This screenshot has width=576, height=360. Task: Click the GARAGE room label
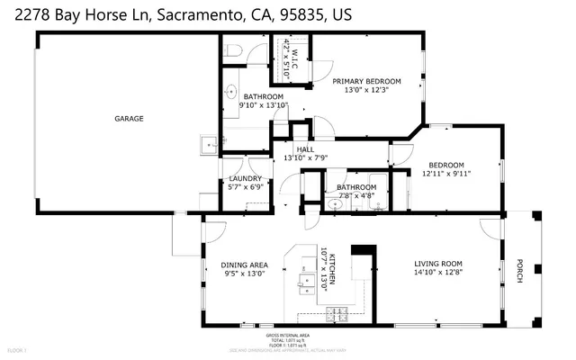pyautogui.click(x=129, y=118)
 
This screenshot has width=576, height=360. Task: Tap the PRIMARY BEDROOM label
pyautogui.click(x=367, y=81)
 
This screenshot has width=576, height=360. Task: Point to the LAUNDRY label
pyautogui.click(x=246, y=178)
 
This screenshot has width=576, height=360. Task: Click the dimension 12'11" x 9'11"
pyautogui.click(x=446, y=174)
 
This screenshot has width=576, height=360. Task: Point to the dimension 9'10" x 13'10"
pyautogui.click(x=261, y=105)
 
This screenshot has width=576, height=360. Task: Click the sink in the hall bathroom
pyautogui.click(x=335, y=204)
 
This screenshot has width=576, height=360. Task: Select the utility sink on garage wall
pyautogui.click(x=209, y=142)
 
